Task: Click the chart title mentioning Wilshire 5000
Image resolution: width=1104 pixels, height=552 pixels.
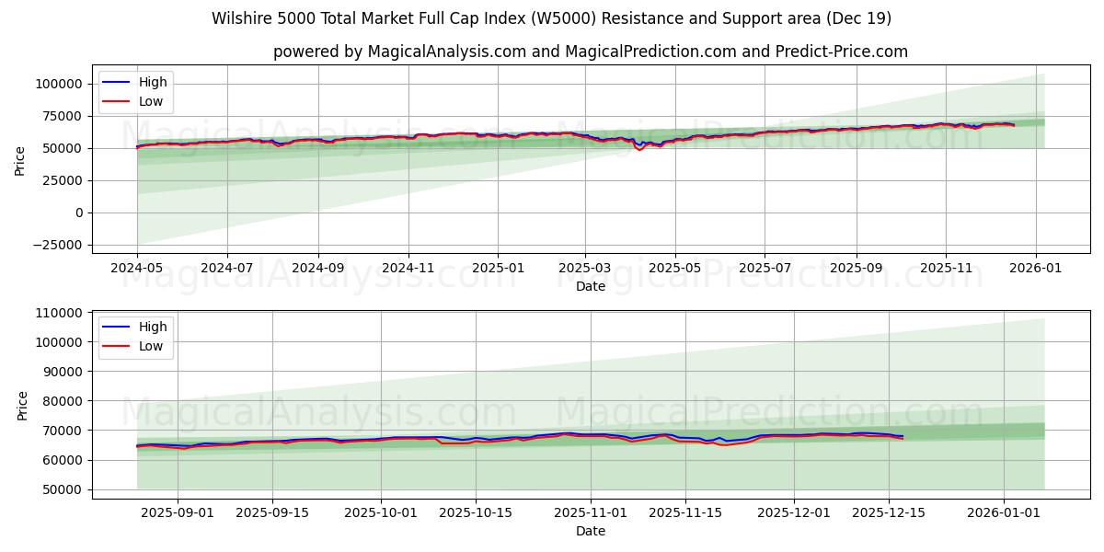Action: tap(551, 18)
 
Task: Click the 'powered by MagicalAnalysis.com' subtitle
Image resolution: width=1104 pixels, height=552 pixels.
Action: tap(590, 52)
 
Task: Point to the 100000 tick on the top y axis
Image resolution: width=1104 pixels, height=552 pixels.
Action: tap(59, 84)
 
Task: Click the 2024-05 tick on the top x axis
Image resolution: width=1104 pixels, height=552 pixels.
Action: tap(137, 268)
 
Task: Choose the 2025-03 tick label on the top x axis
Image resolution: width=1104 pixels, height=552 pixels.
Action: tap(586, 268)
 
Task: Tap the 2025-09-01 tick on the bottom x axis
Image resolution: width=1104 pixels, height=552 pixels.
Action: tap(176, 512)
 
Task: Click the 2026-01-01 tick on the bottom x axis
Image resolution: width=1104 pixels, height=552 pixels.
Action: tap(1003, 512)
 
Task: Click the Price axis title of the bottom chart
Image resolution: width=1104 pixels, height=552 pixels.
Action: tap(23, 405)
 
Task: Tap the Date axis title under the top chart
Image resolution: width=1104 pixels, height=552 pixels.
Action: tap(590, 286)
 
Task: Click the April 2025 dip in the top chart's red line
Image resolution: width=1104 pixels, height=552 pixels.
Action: tap(639, 149)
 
